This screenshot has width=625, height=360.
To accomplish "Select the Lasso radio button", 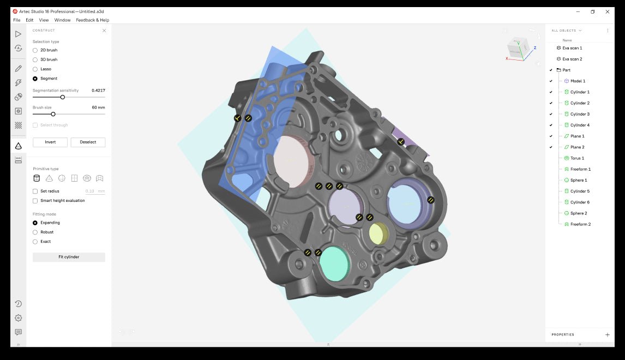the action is [x=35, y=69].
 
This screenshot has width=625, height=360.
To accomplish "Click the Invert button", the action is [x=50, y=142].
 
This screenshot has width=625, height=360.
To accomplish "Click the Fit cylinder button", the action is [x=69, y=257].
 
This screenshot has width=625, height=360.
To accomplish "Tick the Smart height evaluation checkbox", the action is [x=35, y=201].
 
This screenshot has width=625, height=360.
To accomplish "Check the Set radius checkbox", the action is [x=35, y=191].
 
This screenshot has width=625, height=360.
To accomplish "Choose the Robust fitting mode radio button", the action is [x=35, y=232].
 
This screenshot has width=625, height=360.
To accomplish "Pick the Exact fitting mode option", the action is [x=35, y=242].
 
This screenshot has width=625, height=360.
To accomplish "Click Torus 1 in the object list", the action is [x=577, y=158].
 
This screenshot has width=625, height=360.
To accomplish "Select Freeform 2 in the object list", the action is [x=580, y=224].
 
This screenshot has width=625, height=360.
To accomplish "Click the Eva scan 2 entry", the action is [x=572, y=59].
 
